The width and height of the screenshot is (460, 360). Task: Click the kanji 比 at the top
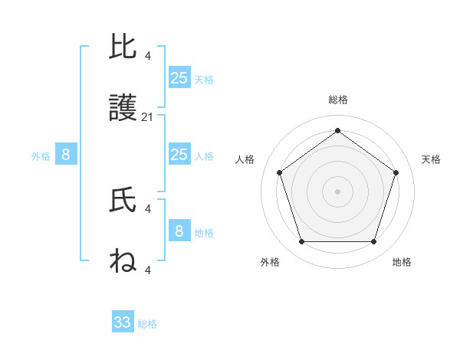point(123,47)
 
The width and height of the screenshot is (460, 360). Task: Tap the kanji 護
point(123,111)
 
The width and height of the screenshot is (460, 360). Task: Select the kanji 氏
point(123,201)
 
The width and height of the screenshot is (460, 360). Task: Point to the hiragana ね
point(123,262)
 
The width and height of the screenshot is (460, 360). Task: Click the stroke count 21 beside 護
point(148,117)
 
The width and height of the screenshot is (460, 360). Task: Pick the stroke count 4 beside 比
point(148,55)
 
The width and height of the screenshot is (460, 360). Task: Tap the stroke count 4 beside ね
point(148,269)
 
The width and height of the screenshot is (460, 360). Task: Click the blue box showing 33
point(123,322)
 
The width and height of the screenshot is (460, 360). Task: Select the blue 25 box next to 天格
point(179,78)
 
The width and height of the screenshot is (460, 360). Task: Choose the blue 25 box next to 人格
point(179,155)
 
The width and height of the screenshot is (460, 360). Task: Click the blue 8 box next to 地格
point(179,231)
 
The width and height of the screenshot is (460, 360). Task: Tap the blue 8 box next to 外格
point(66,155)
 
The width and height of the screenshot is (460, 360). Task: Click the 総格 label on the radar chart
point(337,100)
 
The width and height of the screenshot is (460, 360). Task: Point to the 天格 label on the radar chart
point(431,159)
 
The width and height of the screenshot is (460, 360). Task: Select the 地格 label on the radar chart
point(402,262)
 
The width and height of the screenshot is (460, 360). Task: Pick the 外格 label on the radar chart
point(270,262)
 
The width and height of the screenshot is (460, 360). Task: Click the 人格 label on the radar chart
point(245,159)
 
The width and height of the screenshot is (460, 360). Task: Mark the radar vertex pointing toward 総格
point(337,131)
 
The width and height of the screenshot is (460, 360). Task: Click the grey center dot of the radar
point(337,191)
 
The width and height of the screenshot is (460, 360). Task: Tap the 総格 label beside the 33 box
point(147,324)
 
